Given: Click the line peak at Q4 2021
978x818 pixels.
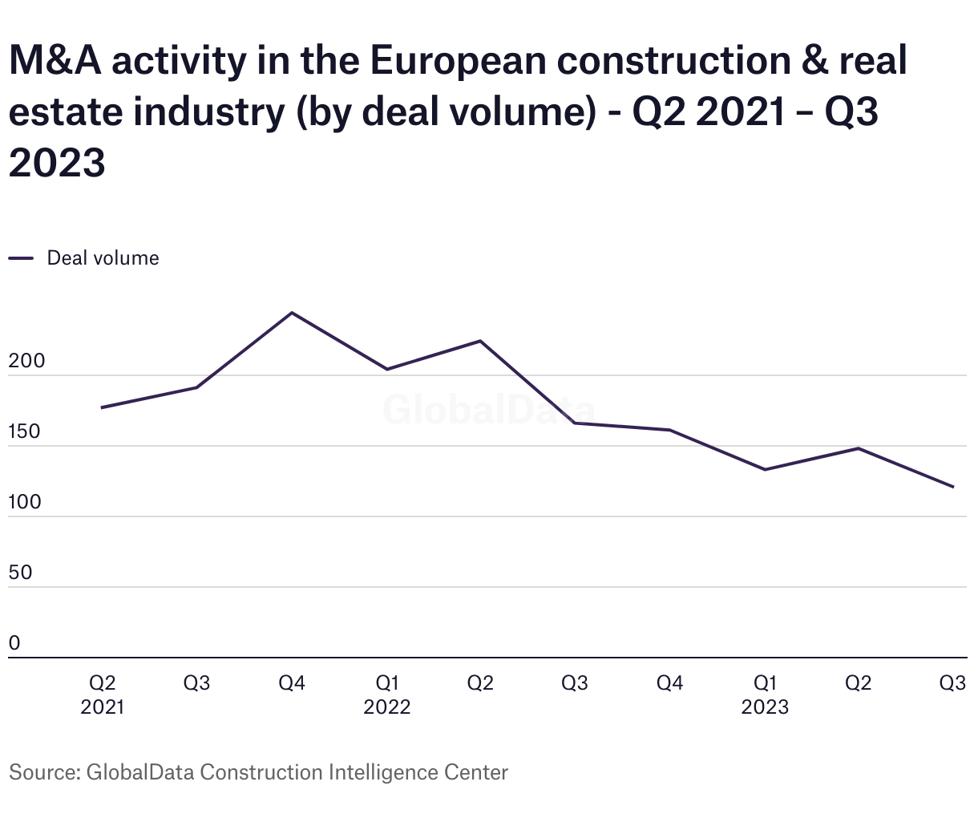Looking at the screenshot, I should [292, 313].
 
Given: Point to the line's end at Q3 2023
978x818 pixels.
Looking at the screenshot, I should [953, 487].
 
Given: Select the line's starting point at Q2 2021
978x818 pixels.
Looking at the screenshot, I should [102, 408].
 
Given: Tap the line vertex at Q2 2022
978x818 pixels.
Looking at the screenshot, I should [480, 341].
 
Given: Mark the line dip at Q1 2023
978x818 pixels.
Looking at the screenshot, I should [765, 470].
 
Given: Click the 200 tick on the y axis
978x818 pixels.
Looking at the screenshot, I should [26, 362].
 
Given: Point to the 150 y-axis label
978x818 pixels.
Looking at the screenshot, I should [24, 432].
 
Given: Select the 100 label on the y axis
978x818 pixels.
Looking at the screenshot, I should [24, 503].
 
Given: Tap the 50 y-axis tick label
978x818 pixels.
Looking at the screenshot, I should [21, 573].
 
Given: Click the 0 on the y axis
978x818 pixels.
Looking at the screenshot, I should [14, 644].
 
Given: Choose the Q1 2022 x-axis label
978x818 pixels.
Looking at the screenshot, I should [387, 694].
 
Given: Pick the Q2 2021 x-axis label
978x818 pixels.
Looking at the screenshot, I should [103, 694].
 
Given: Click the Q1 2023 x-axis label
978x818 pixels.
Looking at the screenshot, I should [765, 694].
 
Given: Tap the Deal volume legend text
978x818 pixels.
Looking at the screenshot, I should [103, 258].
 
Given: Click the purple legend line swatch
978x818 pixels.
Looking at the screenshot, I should [21, 258].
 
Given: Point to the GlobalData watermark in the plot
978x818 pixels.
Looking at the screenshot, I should [488, 409].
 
